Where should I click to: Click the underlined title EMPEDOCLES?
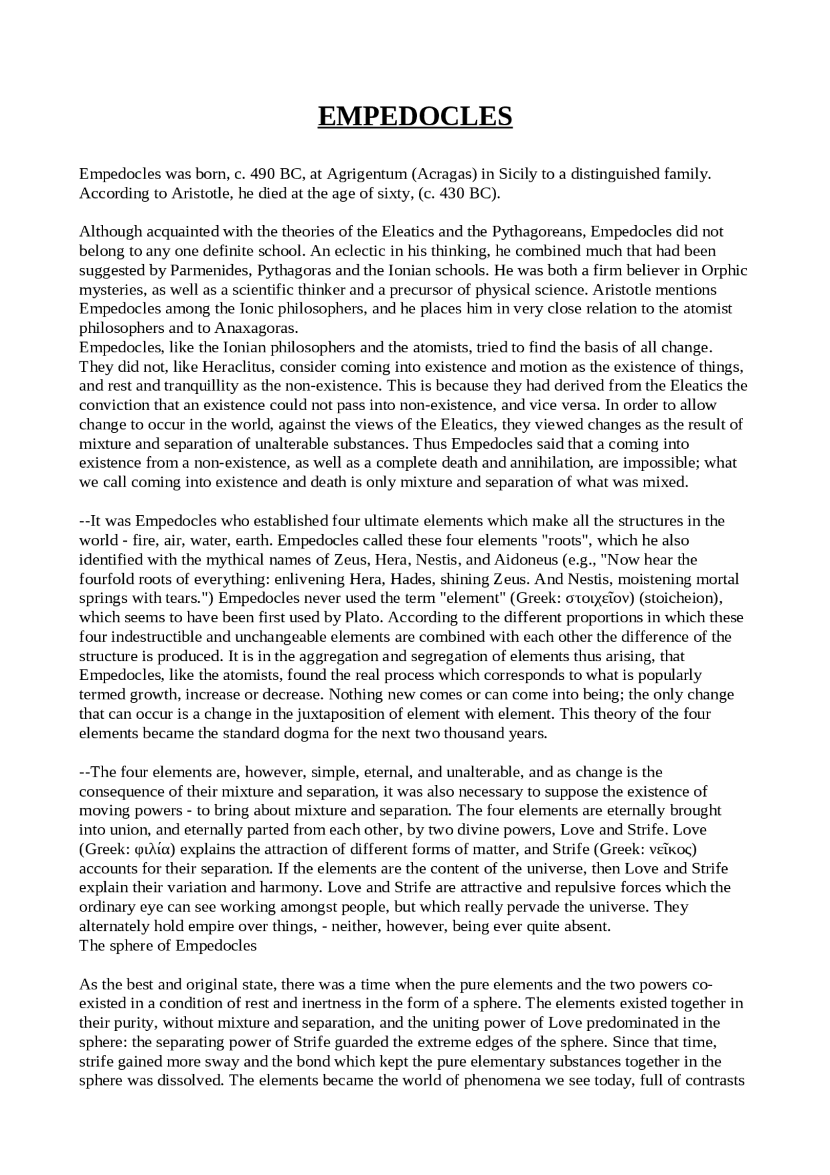pyautogui.click(x=415, y=116)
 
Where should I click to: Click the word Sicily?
pyautogui.click(x=519, y=174)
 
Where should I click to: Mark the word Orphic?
pyautogui.click(x=724, y=270)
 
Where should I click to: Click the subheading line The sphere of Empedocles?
pyautogui.click(x=168, y=945)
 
